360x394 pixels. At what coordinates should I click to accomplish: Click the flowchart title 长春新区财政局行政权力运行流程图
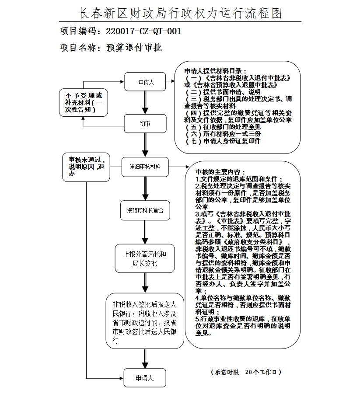180,13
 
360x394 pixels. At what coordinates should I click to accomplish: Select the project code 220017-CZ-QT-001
143,31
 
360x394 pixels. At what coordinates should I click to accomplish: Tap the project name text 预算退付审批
134,48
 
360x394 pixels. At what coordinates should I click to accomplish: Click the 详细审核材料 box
145,167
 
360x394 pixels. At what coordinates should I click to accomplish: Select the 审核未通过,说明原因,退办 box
86,167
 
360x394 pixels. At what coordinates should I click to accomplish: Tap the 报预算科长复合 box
145,210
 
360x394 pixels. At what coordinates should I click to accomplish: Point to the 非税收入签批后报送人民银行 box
145,321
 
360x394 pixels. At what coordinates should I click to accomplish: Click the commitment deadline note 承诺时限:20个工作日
246,372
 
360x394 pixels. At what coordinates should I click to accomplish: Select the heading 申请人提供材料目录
216,71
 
